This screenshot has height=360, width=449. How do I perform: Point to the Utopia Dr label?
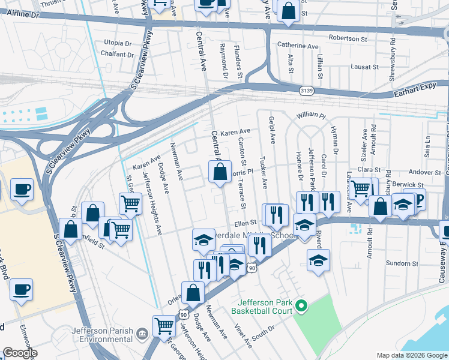[118, 43]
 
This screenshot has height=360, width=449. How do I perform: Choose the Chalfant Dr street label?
[118, 55]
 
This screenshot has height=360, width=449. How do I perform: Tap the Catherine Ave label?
[297, 46]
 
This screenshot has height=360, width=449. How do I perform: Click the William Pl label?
[310, 115]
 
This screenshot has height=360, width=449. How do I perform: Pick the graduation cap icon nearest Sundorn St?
[318, 260]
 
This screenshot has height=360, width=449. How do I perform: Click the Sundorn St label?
[402, 263]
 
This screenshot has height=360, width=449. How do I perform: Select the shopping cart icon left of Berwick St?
[360, 188]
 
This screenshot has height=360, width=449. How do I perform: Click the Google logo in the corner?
[19, 353]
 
